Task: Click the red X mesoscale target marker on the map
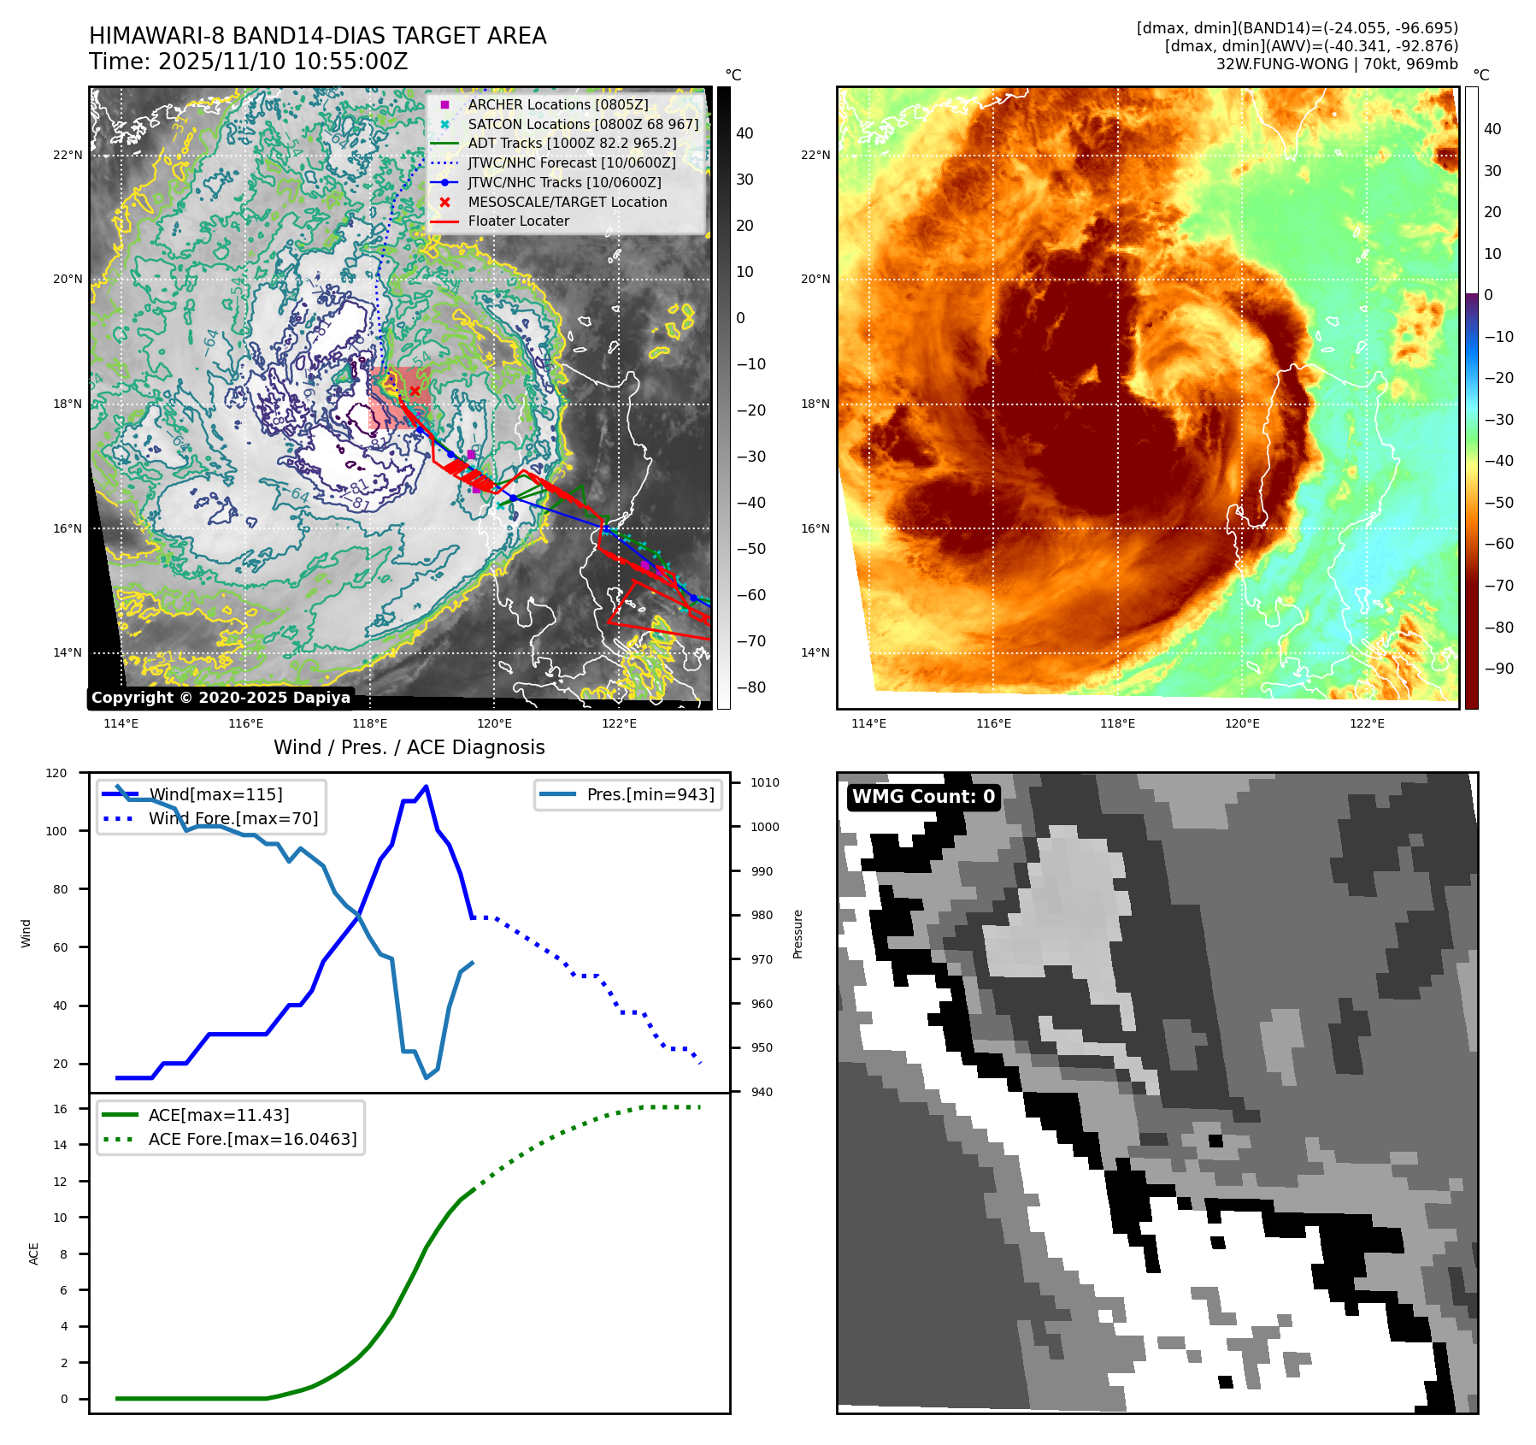pos(415,392)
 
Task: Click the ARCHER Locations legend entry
pos(557,104)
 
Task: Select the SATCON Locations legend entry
pos(582,124)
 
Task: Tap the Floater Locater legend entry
pos(518,221)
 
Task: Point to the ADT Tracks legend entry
pos(571,143)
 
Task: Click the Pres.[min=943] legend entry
pos(650,794)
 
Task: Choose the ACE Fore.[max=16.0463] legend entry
pos(252,1139)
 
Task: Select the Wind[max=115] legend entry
pos(215,794)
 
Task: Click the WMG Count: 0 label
pos(923,797)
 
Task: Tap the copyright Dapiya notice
pos(221,698)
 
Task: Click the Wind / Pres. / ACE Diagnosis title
pos(409,747)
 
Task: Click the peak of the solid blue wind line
pos(426,787)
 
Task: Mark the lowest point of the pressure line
pos(426,1077)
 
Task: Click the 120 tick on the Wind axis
pos(56,773)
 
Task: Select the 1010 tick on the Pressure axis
pos(764,782)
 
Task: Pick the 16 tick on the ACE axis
pos(60,1109)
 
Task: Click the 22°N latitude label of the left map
pos(68,156)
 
